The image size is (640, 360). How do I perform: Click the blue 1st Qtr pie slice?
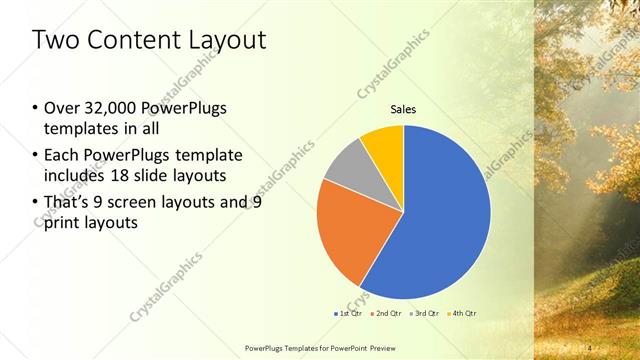click(x=440, y=215)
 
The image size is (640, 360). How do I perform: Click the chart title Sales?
click(x=403, y=109)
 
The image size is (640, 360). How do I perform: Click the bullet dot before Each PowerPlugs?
click(x=36, y=155)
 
